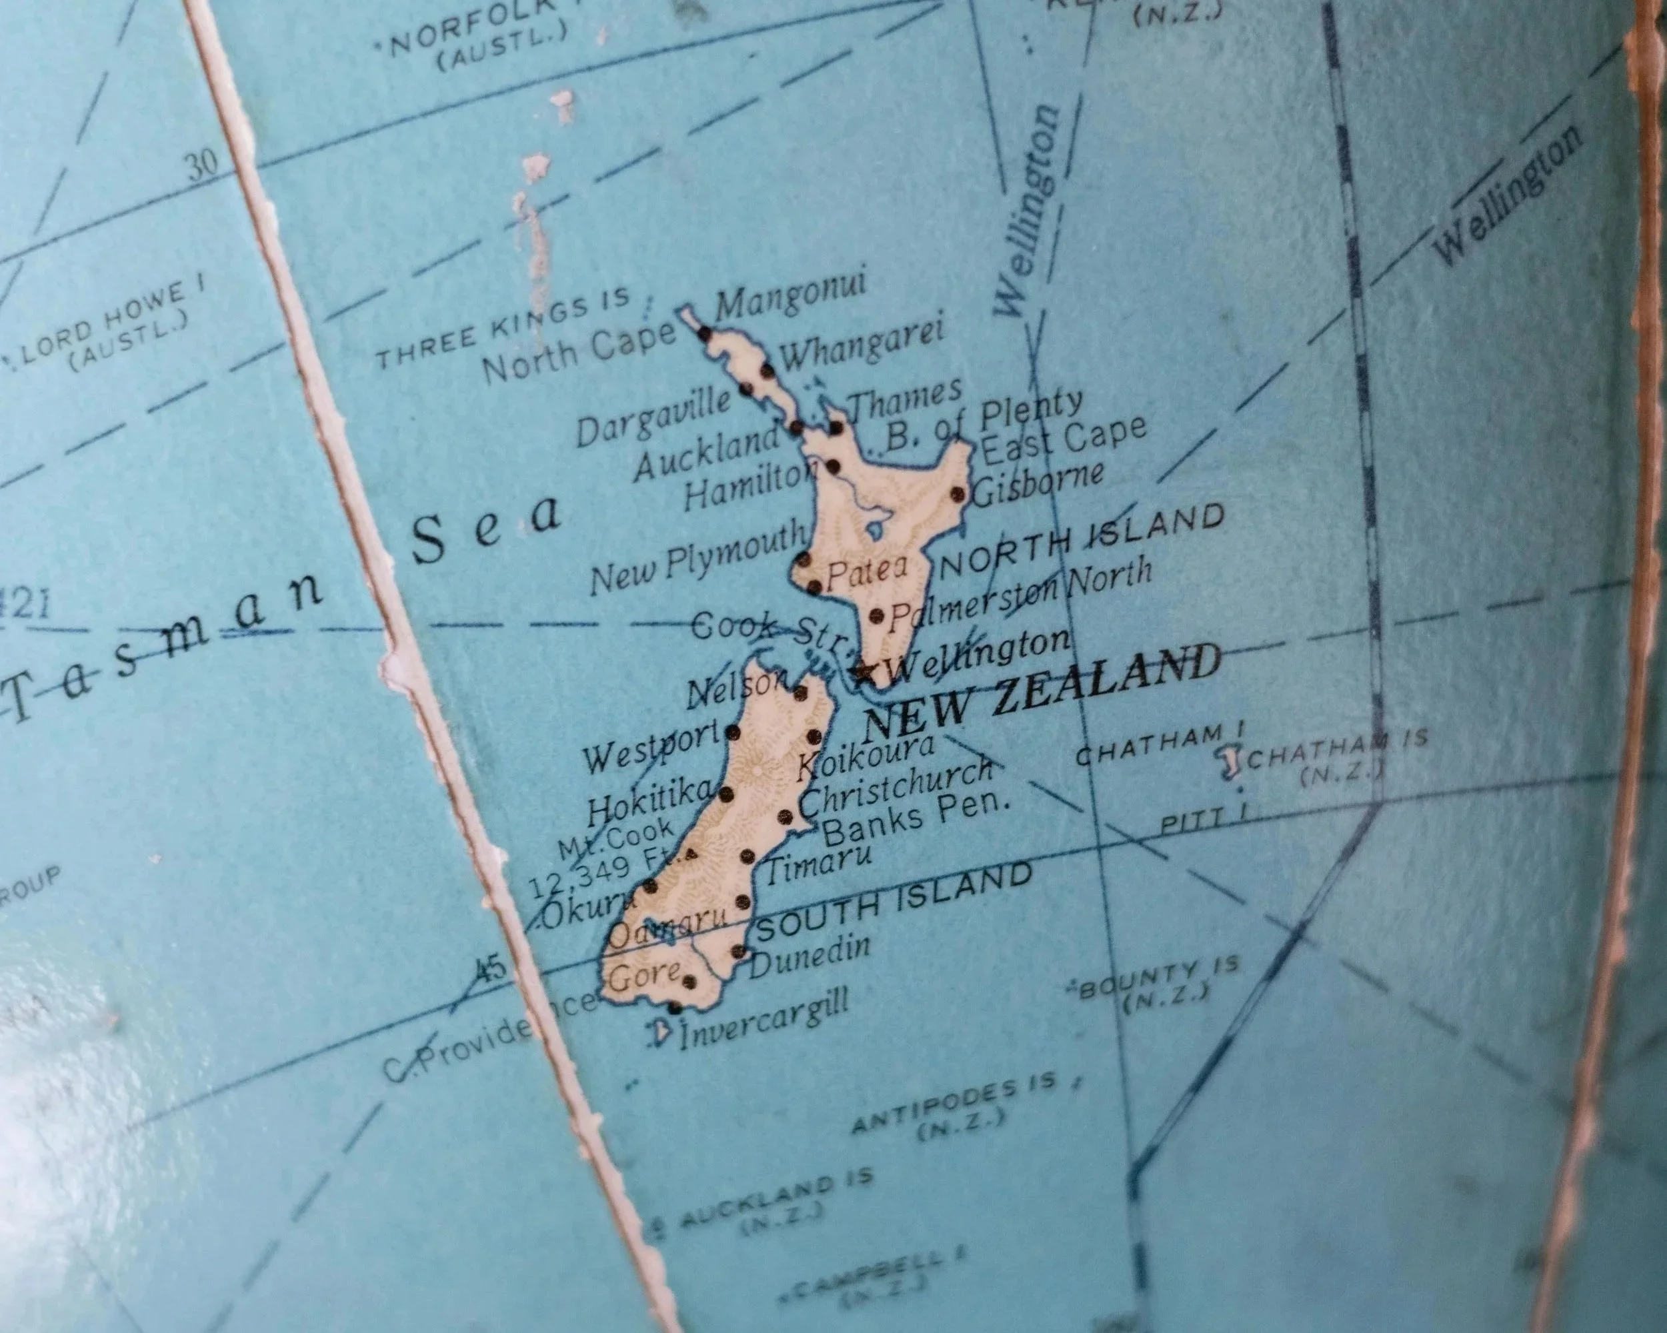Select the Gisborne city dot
click(x=958, y=494)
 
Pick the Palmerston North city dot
click(x=877, y=615)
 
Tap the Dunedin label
click(x=809, y=959)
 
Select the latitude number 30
click(x=203, y=165)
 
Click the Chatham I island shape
click(x=1228, y=762)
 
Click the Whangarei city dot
click(x=767, y=369)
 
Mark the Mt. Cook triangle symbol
click(x=691, y=854)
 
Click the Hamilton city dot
click(x=833, y=465)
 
